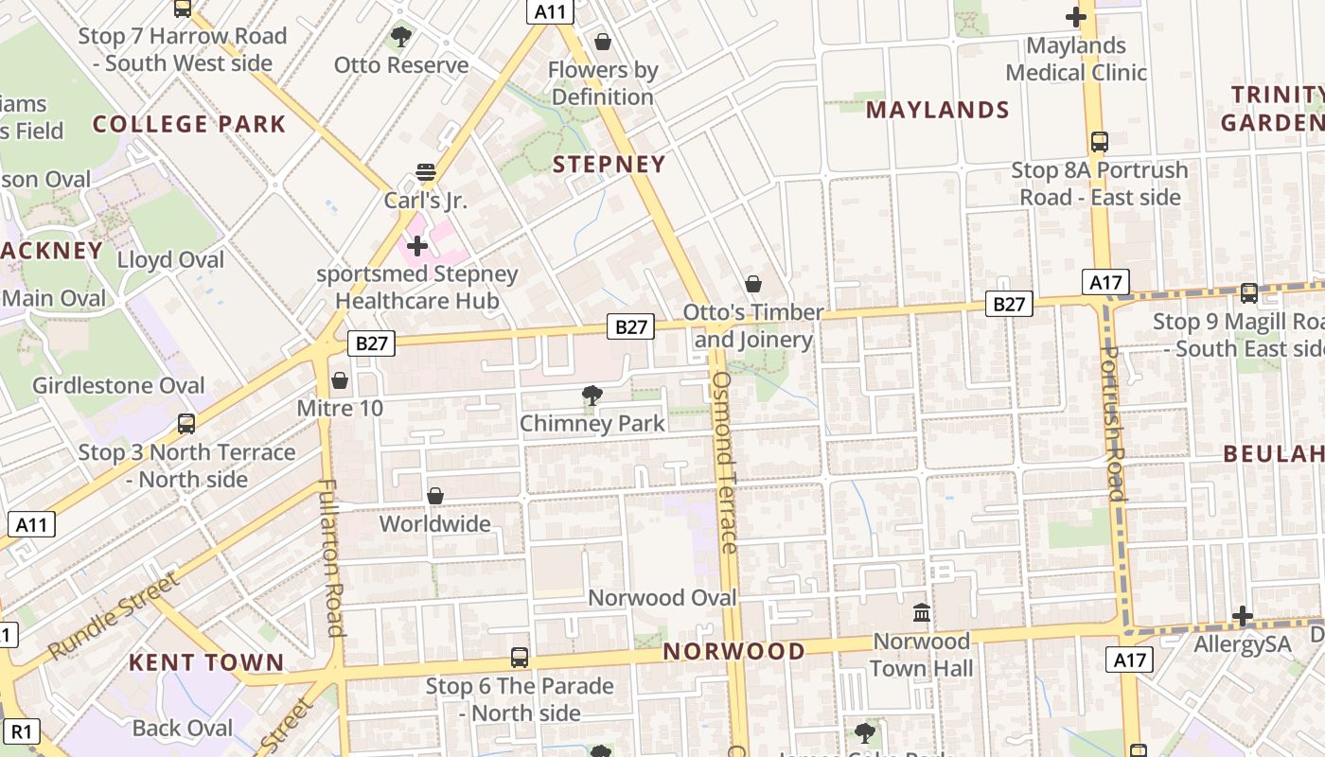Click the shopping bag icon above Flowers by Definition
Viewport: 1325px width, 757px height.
coord(602,42)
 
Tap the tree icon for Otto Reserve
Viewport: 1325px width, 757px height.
coord(401,37)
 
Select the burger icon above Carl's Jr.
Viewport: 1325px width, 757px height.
coord(425,172)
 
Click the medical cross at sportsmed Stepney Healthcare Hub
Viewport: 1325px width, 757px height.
coord(417,246)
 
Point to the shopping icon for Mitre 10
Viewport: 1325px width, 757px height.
coord(340,380)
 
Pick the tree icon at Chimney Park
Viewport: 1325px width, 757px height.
coord(592,395)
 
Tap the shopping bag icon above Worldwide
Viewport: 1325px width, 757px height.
coord(435,496)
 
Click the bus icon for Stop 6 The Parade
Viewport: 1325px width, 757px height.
coord(519,658)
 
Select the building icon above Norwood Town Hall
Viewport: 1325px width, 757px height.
coord(922,613)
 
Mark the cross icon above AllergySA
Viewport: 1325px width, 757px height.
coord(1243,617)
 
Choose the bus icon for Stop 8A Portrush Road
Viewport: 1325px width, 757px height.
coord(1099,142)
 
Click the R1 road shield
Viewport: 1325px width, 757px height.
coord(23,731)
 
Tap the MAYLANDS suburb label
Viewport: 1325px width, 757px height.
coord(938,110)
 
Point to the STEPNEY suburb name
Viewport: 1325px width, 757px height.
coord(609,164)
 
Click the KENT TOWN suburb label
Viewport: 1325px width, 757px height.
coord(206,662)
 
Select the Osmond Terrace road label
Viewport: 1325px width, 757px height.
coord(724,462)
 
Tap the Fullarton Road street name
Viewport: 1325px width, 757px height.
coord(331,557)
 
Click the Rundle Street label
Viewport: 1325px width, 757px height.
coord(113,616)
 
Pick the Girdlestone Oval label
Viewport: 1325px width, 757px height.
coord(118,385)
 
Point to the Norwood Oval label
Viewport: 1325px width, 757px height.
coord(662,597)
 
